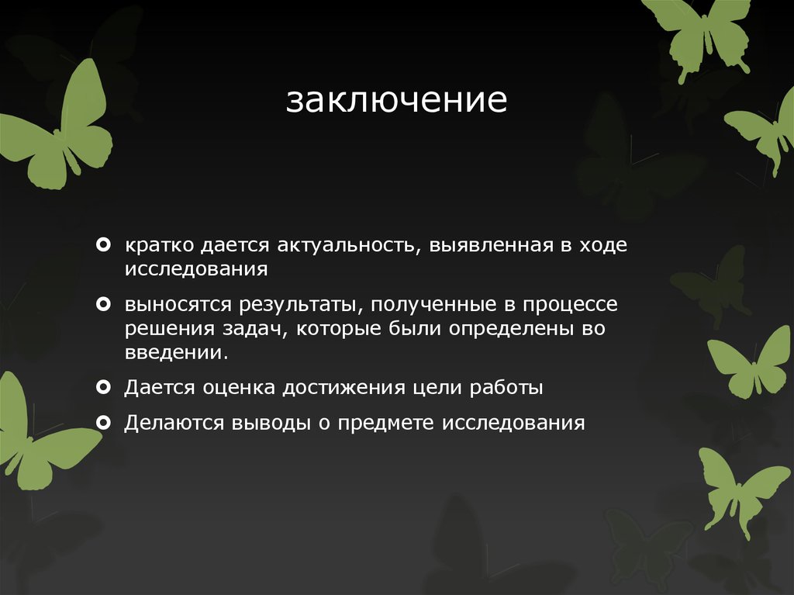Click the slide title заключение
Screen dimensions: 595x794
coord(396,101)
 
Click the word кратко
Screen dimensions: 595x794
coord(159,246)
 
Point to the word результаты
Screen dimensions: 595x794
coord(292,304)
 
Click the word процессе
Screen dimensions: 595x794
coord(569,304)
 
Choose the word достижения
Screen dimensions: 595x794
coord(339,388)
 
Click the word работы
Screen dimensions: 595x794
coord(504,388)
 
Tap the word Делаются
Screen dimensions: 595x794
coord(174,424)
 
